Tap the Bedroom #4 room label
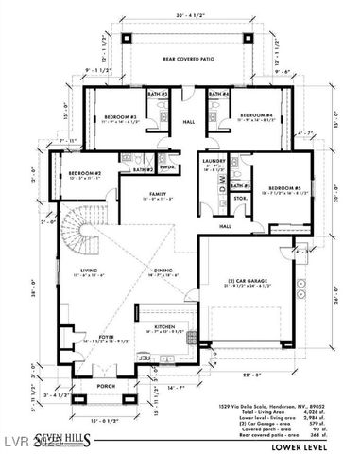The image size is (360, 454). (256, 117)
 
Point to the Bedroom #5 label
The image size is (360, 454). (283, 188)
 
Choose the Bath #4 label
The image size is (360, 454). (218, 95)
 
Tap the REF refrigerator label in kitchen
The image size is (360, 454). (145, 358)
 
